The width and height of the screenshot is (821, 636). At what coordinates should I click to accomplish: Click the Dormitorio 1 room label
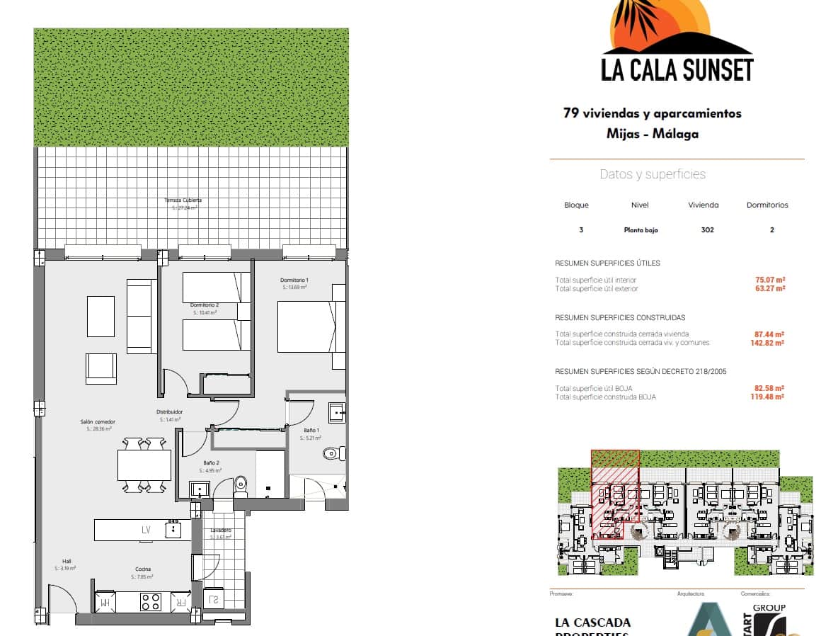294,280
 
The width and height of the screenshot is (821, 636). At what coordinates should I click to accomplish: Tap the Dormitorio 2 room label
205,305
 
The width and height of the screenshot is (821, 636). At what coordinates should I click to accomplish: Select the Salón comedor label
98,421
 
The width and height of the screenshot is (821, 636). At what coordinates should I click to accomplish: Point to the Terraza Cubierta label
183,200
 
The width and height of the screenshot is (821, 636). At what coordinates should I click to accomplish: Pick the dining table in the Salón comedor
144,465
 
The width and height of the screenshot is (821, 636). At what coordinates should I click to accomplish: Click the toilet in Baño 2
241,484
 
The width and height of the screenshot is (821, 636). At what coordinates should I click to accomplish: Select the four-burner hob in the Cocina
151,602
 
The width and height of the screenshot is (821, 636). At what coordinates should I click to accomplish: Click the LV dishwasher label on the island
146,530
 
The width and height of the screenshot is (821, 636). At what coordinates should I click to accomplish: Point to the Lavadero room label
221,530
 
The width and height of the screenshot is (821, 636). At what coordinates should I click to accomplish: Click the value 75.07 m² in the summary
769,280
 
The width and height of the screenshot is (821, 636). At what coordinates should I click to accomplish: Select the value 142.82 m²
769,343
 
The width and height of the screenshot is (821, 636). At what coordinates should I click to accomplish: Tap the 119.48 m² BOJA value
769,397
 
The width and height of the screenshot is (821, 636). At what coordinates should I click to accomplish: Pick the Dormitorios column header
767,205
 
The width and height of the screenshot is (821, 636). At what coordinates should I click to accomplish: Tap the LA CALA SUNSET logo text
677,69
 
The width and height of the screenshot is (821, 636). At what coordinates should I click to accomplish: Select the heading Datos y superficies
653,174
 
